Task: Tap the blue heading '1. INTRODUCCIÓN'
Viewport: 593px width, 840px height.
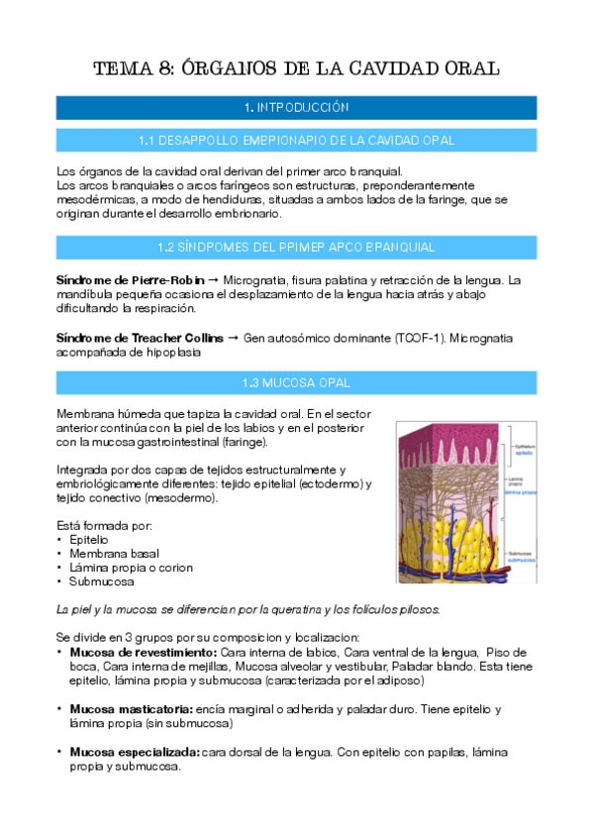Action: [x=296, y=107]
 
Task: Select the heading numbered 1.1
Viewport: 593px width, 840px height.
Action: [x=296, y=141]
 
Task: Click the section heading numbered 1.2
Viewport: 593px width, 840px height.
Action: [x=296, y=246]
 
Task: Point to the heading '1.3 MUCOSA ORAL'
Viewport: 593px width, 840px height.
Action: [x=296, y=381]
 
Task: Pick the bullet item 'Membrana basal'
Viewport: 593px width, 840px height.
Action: [x=114, y=553]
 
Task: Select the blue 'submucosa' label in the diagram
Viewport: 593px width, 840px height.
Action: [x=526, y=560]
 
